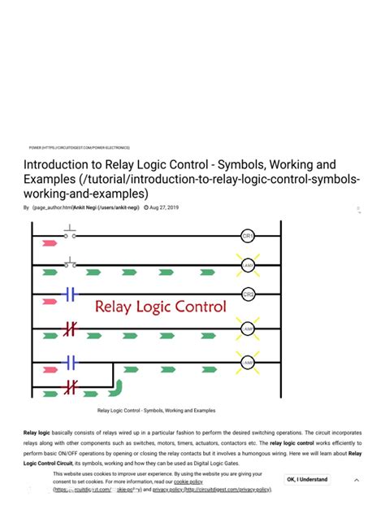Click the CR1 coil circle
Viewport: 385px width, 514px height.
coord(249,236)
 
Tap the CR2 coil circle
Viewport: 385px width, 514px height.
coord(249,294)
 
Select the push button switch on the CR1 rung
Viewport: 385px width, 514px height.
coord(71,234)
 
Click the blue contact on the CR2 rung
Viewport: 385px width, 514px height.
coord(70,294)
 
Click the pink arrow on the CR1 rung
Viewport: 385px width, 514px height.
coord(49,243)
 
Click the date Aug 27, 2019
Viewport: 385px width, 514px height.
coord(163,207)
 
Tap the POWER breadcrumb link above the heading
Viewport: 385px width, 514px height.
coord(35,147)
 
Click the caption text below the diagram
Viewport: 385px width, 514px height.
coord(156,411)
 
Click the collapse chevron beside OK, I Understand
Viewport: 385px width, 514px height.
coord(356,480)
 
